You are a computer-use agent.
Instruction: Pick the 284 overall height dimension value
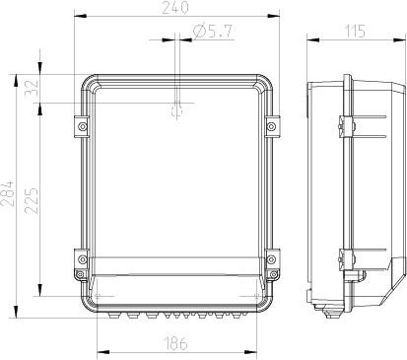click(x=9, y=195)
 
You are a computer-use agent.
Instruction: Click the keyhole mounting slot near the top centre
click(x=176, y=110)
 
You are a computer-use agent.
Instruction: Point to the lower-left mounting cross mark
click(x=100, y=294)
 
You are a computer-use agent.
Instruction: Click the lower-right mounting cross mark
click(x=254, y=294)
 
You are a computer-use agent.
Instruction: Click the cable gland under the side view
click(x=331, y=313)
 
